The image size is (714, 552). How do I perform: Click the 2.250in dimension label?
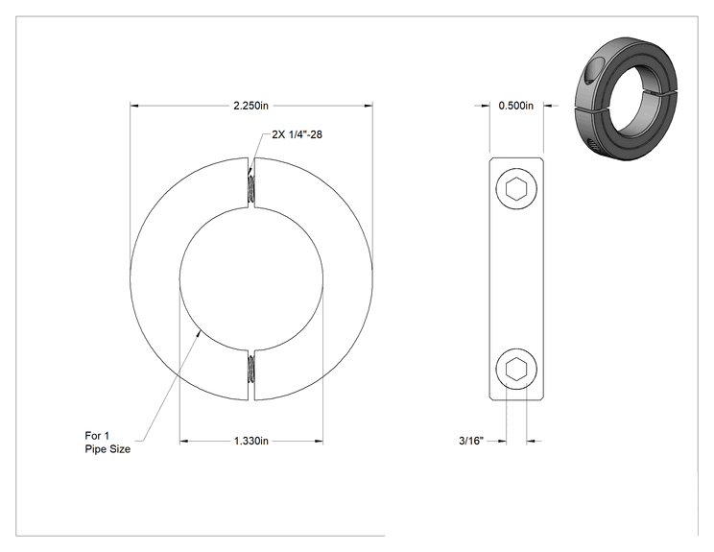pos(250,106)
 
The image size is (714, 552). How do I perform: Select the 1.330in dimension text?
pos(250,441)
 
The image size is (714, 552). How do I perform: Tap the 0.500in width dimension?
pos(516,106)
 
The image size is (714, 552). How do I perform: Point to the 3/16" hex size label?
pos(471,441)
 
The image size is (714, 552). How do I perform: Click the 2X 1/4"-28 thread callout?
pos(297,134)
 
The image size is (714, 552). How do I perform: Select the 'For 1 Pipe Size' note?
pos(107,443)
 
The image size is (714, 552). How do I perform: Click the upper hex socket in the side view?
pos(516,188)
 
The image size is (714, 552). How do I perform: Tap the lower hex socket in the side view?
pos(516,369)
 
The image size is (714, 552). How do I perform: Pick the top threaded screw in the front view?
pos(250,189)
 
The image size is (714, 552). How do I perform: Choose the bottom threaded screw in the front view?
pos(250,369)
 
